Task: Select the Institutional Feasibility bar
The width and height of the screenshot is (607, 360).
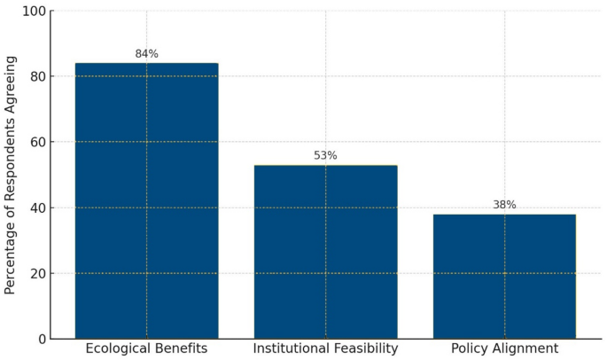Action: pyautogui.click(x=325, y=252)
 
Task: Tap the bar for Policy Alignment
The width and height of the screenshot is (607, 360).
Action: pyautogui.click(x=504, y=277)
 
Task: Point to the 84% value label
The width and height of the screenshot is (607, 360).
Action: pyautogui.click(x=146, y=54)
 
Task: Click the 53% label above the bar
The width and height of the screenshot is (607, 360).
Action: pyautogui.click(x=325, y=156)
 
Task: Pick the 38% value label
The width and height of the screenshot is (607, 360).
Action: pyautogui.click(x=504, y=205)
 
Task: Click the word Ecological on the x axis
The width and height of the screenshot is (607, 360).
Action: pyautogui.click(x=121, y=349)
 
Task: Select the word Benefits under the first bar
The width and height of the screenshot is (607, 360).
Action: pyautogui.click(x=183, y=349)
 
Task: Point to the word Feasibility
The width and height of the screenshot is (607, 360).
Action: pyautogui.click(x=365, y=349)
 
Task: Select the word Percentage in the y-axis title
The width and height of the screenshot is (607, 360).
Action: pyautogui.click(x=11, y=256)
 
